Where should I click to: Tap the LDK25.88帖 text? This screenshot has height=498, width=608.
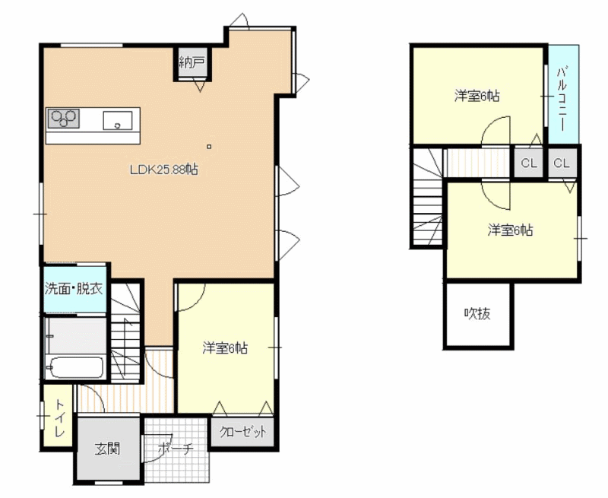tap(164, 170)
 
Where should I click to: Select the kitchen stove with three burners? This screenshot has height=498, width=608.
tap(63, 118)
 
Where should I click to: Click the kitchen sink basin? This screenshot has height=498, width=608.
tap(118, 120)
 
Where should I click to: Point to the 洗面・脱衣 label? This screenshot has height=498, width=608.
tap(74, 289)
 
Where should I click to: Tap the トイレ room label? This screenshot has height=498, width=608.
tap(59, 418)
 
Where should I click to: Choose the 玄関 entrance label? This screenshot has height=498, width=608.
tap(107, 449)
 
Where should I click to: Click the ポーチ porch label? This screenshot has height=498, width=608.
tap(176, 449)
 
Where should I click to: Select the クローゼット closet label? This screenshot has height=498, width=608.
tap(243, 432)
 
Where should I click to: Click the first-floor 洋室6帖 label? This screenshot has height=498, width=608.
tap(225, 348)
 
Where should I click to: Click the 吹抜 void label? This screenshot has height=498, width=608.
tap(477, 313)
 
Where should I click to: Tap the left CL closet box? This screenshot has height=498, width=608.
tap(529, 163)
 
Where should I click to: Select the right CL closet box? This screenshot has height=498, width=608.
tap(562, 163)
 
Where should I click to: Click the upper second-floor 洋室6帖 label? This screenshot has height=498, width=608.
tap(477, 95)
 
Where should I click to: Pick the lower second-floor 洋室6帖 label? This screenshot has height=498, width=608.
tap(510, 230)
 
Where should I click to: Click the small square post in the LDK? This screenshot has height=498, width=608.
tap(209, 147)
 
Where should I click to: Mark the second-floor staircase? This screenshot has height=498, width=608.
tap(427, 197)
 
